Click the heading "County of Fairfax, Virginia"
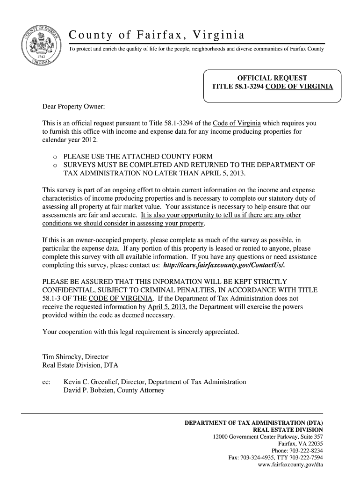click(157, 35)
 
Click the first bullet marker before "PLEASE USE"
click(55, 157)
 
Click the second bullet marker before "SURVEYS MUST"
click(55, 165)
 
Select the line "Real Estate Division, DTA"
click(84, 365)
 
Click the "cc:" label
click(46, 382)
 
